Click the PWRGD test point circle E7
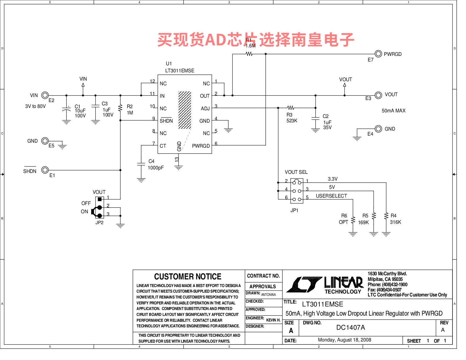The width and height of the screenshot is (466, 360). tap(378, 54)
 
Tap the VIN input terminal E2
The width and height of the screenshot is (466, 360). tap(45, 95)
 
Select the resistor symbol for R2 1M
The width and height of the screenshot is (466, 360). tap(120, 108)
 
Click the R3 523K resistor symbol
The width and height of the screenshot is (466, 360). tap(291, 108)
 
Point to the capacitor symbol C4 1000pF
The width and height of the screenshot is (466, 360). tap(141, 164)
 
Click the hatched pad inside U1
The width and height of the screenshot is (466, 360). tap(185, 110)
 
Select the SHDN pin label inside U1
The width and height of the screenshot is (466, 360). tap(166, 121)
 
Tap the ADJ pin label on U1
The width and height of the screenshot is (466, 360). tap(205, 109)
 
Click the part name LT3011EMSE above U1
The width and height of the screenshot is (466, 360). tap(180, 71)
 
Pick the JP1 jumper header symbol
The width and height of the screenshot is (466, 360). tap(297, 191)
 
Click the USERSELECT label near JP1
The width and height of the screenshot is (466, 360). tap(331, 196)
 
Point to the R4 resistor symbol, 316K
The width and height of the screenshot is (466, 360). tap(386, 216)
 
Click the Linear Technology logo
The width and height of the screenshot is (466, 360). tap(325, 285)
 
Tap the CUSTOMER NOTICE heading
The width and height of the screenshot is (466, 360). tap(188, 277)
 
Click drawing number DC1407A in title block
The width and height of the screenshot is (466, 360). tap(350, 327)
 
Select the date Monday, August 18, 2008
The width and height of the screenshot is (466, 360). tap(344, 340)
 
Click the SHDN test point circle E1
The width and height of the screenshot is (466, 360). tap(45, 170)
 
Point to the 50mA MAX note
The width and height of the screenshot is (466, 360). tap(393, 111)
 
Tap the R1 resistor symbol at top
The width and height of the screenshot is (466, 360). tap(249, 54)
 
